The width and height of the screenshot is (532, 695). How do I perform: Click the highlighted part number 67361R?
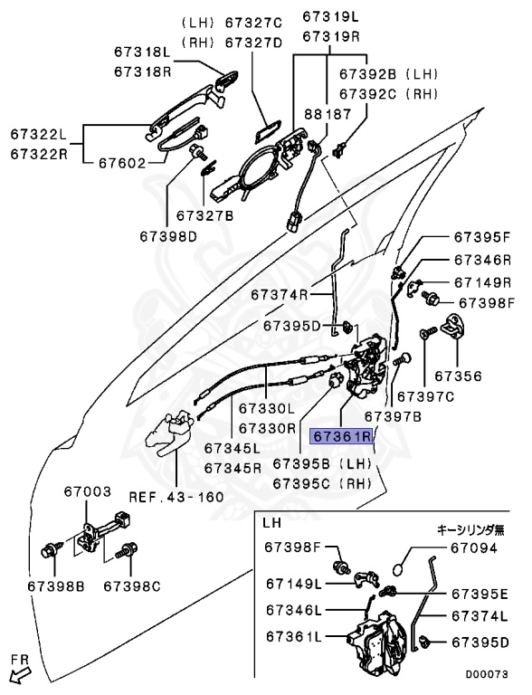pos(342,436)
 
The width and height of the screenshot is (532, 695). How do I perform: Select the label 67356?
pos(458,376)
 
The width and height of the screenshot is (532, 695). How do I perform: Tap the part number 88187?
pos(328,114)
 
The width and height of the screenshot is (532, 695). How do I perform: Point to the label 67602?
pos(122,163)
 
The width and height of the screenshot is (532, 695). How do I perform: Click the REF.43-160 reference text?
pos(176,497)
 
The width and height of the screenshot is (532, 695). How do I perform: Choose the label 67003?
pos(88,491)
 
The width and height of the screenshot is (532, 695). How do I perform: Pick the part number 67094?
pos(474,547)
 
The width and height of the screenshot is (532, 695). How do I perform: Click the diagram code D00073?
pos(487,674)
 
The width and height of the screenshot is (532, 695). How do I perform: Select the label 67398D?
pos(168,236)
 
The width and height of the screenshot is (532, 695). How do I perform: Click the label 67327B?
pos(204,216)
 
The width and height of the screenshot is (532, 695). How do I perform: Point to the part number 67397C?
pos(425,396)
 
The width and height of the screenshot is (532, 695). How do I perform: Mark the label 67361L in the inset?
pos(294,636)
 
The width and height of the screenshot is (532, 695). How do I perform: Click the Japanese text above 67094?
pos(470,529)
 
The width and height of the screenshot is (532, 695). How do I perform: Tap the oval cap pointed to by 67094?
pos(399,568)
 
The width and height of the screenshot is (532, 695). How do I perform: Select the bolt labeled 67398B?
pos(50,551)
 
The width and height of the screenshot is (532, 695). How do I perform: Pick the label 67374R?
pos(280,294)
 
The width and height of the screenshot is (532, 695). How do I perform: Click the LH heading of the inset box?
pos(271,522)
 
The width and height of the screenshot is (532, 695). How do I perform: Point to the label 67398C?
pos(132,586)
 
